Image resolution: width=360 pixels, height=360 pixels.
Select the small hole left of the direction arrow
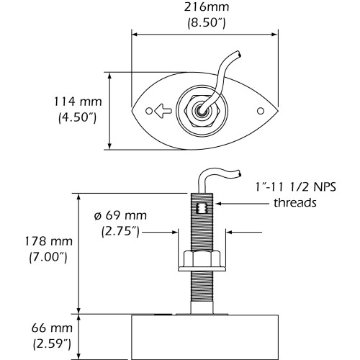pyautogui.click(x=149, y=112)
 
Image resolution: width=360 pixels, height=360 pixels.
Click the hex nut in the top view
pyautogui.click(x=203, y=111)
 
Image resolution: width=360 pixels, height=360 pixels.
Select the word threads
pyautogui.click(x=294, y=202)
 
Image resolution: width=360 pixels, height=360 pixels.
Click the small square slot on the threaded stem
pyautogui.click(x=202, y=211)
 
